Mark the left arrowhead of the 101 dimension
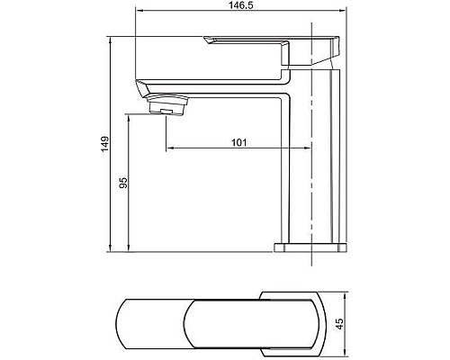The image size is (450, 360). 171,148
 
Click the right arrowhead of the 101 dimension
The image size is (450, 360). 307,148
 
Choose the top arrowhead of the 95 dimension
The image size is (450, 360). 130,114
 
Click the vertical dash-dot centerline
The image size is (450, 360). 311,198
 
